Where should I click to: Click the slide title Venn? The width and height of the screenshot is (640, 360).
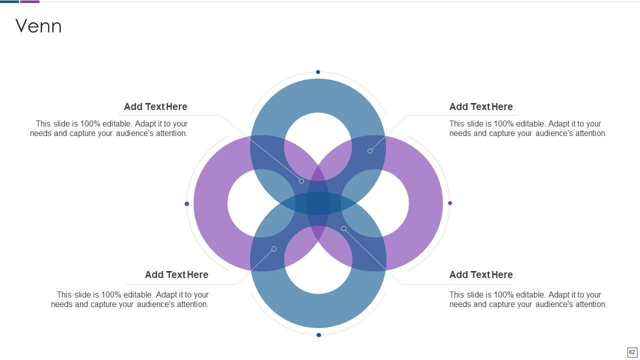pyautogui.click(x=38, y=26)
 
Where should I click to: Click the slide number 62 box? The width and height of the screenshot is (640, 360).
pyautogui.click(x=632, y=352)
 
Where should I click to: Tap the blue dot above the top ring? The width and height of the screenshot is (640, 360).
pyautogui.click(x=318, y=72)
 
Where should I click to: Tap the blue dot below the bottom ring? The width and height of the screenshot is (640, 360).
pyautogui.click(x=318, y=335)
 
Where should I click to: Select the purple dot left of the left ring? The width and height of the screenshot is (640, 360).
pyautogui.click(x=187, y=203)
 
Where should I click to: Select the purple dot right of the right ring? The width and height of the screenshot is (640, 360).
pyautogui.click(x=450, y=203)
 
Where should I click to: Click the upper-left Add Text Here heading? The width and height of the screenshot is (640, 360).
pyautogui.click(x=155, y=106)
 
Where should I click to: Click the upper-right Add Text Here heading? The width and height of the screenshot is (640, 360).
pyautogui.click(x=480, y=106)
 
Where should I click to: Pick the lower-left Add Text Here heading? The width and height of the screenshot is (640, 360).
pyautogui.click(x=176, y=274)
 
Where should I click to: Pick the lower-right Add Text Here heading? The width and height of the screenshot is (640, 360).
pyautogui.click(x=480, y=274)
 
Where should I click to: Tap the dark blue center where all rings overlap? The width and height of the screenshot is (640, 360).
pyautogui.click(x=318, y=203)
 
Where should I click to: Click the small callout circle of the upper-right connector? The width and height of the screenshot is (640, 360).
pyautogui.click(x=370, y=151)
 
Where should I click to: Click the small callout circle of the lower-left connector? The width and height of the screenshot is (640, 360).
pyautogui.click(x=274, y=248)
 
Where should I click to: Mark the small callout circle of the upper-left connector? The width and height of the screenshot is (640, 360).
pyautogui.click(x=301, y=181)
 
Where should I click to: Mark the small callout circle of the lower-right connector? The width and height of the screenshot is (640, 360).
pyautogui.click(x=343, y=228)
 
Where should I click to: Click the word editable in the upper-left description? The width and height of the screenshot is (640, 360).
pyautogui.click(x=117, y=123)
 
